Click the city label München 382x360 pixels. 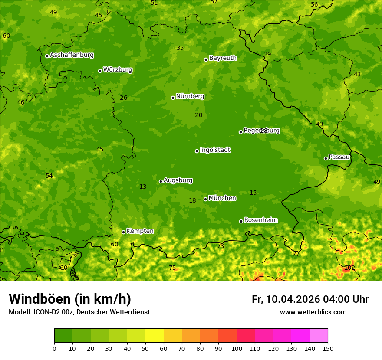222,198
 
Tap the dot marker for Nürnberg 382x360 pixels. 173,98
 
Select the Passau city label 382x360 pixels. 339,157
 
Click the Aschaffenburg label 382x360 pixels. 72,55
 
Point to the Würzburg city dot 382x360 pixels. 100,71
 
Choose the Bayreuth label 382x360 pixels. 223,58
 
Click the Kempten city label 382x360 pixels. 140,231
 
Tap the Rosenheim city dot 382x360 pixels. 241,221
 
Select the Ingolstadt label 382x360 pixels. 215,150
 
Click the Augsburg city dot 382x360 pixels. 161,181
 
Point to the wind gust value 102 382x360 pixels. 349,268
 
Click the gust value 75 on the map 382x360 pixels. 172,268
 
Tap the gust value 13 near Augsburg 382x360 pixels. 143,187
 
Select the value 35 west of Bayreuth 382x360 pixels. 180,48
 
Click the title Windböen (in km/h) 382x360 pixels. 70,299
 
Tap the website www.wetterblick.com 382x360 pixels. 313,312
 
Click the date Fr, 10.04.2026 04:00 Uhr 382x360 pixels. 310,299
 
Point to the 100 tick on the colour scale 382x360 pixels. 237,348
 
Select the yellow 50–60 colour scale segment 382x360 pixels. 155,336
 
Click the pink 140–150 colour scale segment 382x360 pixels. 319,336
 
